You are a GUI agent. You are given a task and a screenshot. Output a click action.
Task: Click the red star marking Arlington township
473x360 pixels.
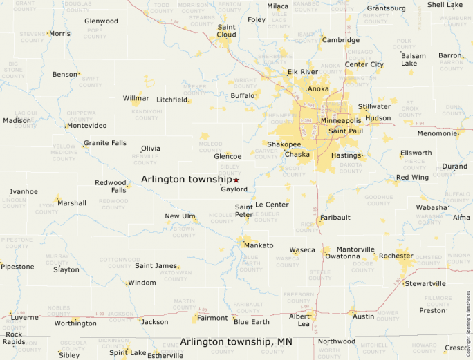click(236, 180)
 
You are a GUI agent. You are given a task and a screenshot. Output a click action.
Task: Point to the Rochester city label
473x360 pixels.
click(396, 256)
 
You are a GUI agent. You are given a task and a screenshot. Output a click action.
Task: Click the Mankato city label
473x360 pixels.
click(259, 245)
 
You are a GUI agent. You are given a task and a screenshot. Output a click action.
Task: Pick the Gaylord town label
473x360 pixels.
click(234, 189)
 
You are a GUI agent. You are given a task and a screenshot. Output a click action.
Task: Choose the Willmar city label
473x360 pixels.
click(136, 98)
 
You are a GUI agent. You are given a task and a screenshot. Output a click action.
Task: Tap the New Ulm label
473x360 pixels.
click(180, 216)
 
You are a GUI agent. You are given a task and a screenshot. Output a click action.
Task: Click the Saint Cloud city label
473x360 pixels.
click(226, 30)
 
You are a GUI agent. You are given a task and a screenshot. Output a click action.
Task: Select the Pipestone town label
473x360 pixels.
click(18, 267)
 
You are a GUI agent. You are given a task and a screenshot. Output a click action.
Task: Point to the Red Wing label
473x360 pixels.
click(412, 178)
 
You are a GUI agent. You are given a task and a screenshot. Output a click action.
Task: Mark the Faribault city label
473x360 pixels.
click(335, 217)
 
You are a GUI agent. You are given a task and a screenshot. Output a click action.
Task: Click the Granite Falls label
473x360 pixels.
click(105, 143)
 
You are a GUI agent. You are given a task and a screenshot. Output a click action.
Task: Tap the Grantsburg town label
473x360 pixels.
click(386, 8)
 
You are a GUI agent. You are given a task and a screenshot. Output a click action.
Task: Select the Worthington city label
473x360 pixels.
click(75, 323)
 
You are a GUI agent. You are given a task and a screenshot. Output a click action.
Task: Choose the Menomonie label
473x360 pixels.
click(437, 133)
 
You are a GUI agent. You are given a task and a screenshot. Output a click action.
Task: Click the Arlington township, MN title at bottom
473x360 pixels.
click(236, 341)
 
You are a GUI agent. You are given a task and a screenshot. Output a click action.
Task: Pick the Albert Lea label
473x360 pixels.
click(299, 320)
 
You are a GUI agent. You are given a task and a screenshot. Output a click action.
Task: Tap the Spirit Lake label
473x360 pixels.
click(127, 353)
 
